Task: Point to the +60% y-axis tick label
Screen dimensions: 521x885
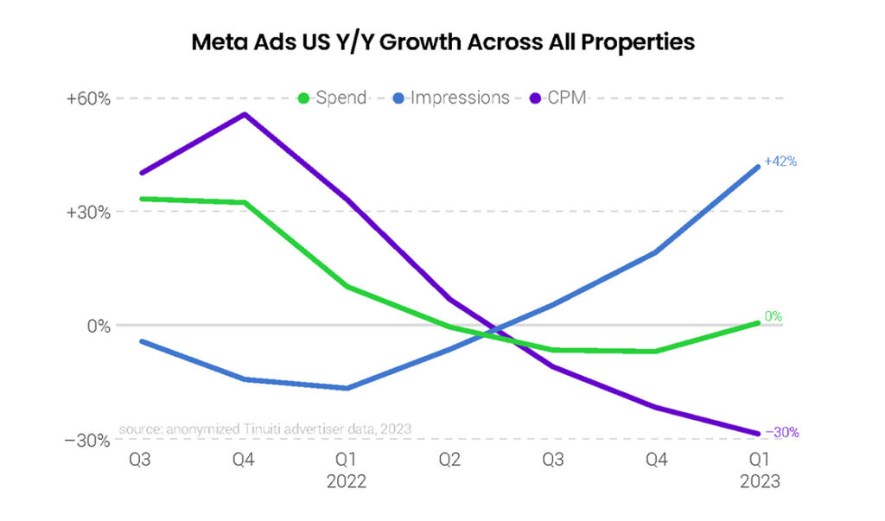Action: coord(88,98)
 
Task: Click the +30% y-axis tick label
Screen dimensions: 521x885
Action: coord(88,213)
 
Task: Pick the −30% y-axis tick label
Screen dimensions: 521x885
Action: coord(88,441)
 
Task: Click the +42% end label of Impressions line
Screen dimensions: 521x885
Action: coord(780,162)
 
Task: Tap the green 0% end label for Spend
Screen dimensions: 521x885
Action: coord(774,316)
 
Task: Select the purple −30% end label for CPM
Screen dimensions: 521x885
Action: coord(781,433)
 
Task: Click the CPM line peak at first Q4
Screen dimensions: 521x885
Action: coord(245,114)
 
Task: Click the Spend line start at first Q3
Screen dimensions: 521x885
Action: coord(142,199)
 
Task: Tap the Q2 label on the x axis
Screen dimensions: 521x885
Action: coord(449,461)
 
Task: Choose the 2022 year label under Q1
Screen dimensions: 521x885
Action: coord(347,482)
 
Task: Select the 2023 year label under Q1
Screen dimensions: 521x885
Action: coord(760,482)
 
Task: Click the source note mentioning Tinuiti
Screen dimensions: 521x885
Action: coord(264,429)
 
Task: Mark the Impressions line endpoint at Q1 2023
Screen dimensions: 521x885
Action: coord(758,167)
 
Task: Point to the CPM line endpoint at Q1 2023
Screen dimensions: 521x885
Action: coord(758,434)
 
